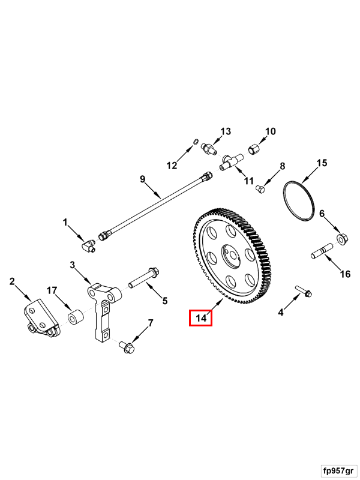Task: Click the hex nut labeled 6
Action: tap(341, 239)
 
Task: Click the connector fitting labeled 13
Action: tap(210, 148)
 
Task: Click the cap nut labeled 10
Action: tap(254, 148)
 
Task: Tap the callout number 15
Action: tap(322, 163)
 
